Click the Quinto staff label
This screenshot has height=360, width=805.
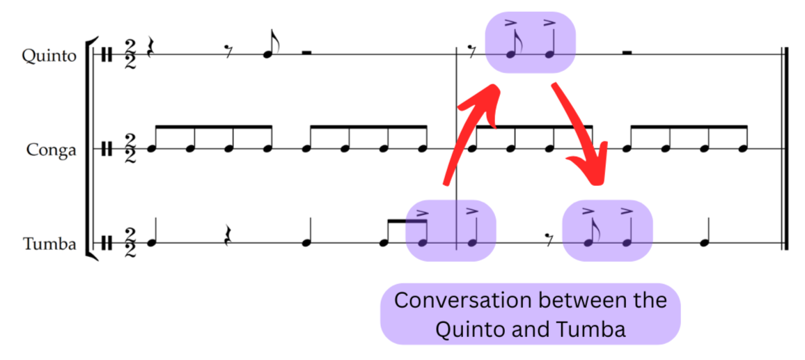(48, 56)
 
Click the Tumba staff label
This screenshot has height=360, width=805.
(49, 244)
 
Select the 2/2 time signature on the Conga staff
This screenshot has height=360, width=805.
(130, 148)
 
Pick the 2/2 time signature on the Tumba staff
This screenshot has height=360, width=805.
(130, 243)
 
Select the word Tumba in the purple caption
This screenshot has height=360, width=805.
(594, 328)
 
